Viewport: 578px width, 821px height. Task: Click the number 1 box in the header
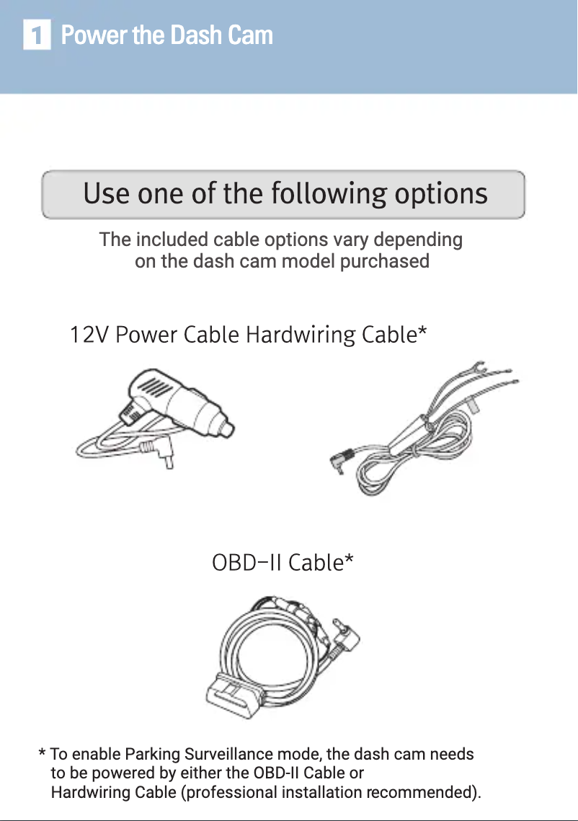click(37, 35)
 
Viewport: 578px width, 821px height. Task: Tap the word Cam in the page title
click(249, 35)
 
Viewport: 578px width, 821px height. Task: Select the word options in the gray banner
click(441, 195)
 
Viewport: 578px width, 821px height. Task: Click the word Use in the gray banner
click(107, 193)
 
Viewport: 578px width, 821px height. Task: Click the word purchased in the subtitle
click(384, 261)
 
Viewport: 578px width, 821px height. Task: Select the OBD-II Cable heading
click(283, 563)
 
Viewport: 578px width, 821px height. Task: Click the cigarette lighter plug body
click(179, 402)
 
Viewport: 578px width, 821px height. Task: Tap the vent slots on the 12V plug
click(155, 388)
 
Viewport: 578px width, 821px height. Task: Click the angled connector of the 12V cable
click(159, 452)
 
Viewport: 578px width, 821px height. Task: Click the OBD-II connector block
click(234, 695)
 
